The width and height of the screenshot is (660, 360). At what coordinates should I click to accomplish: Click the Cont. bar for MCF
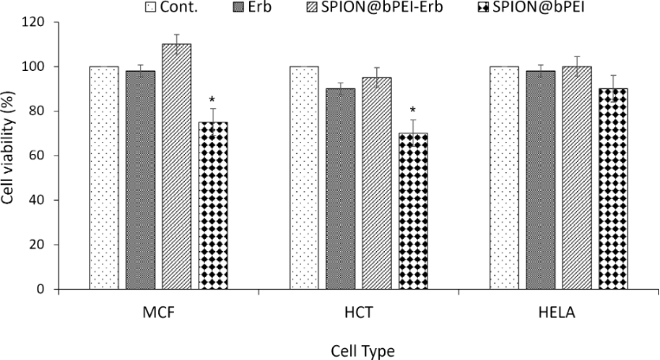click(x=104, y=177)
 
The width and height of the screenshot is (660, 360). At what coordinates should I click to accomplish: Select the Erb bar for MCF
click(x=140, y=180)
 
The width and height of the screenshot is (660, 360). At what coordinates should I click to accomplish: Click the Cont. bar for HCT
click(x=304, y=177)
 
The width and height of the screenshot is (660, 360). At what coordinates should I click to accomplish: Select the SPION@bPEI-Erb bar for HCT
click(x=376, y=183)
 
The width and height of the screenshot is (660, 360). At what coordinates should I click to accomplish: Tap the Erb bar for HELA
click(x=540, y=180)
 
